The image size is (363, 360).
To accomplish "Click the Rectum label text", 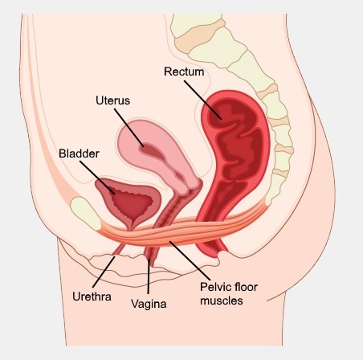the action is (x=184, y=72).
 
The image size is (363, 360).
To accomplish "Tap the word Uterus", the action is (x=112, y=100).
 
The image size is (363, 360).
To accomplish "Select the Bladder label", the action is (x=79, y=153).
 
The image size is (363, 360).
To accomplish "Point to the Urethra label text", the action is (x=92, y=297).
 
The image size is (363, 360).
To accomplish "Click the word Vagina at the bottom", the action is (x=149, y=304).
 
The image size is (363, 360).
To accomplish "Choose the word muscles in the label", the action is (x=222, y=301).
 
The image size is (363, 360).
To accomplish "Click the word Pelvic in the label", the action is (x=214, y=287).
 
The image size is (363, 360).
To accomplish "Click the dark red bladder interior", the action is (x=132, y=202).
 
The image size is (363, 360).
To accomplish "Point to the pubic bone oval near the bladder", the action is (x=85, y=213).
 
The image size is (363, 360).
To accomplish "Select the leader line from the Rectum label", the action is (x=203, y=100).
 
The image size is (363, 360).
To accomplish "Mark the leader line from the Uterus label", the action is (x=129, y=128).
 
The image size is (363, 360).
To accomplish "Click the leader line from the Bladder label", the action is (x=97, y=178).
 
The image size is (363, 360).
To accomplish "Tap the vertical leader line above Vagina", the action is (x=148, y=276).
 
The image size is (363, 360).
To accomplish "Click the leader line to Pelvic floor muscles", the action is (x=190, y=260).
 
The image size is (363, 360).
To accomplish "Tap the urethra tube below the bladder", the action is (x=118, y=248).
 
